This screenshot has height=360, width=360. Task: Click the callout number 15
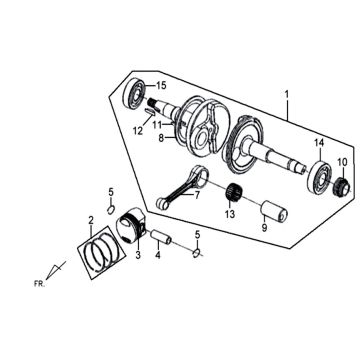click(x=161, y=86)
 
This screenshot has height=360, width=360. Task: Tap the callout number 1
click(x=287, y=95)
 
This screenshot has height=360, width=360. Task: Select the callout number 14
click(x=319, y=143)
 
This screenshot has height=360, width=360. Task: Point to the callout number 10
click(x=342, y=162)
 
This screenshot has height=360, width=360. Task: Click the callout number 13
click(x=231, y=214)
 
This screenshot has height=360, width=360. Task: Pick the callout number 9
click(x=264, y=228)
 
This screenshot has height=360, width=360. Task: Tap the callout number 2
click(x=91, y=220)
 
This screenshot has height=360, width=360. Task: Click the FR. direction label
click(x=39, y=284)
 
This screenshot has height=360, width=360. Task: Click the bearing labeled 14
click(x=319, y=177)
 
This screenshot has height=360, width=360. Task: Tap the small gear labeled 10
click(x=342, y=187)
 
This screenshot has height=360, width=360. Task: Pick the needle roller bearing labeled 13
click(x=234, y=193)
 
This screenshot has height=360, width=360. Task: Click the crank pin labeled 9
click(x=274, y=211)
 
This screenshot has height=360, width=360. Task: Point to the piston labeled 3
click(x=130, y=226)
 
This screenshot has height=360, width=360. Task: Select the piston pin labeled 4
click(x=161, y=237)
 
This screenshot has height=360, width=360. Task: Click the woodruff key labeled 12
click(x=150, y=112)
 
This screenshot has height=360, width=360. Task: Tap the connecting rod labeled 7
click(x=182, y=188)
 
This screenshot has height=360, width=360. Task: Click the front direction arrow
click(x=55, y=270)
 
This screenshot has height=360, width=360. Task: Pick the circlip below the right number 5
click(x=197, y=254)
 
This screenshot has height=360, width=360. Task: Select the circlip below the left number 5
click(x=111, y=209)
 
